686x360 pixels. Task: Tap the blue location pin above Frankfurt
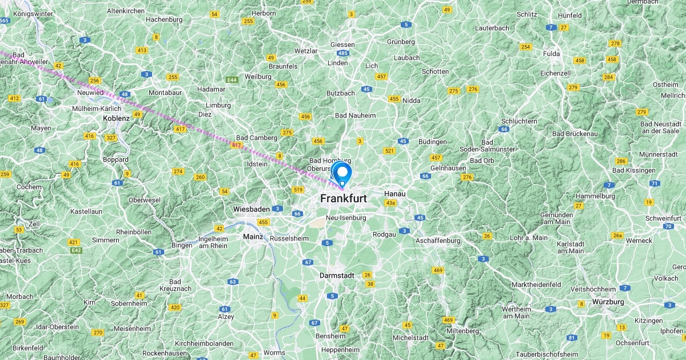[x=342, y=173]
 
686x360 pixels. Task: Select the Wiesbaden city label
[x=251, y=209]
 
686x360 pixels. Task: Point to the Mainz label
[x=253, y=237]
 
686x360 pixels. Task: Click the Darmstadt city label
[x=337, y=275]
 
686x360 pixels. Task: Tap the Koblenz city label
[x=117, y=118]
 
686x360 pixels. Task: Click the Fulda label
[x=552, y=54]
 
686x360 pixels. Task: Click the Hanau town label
[x=394, y=194]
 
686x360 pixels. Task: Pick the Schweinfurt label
[x=663, y=218]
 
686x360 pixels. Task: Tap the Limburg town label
[x=218, y=105]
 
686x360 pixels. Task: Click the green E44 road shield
[x=232, y=80]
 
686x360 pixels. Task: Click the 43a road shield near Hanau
[x=390, y=203]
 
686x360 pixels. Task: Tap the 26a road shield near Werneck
[x=617, y=235]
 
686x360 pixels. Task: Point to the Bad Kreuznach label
[x=175, y=286]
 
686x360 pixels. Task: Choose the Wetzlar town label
[x=306, y=51]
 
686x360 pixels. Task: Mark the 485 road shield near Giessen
[x=343, y=53]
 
